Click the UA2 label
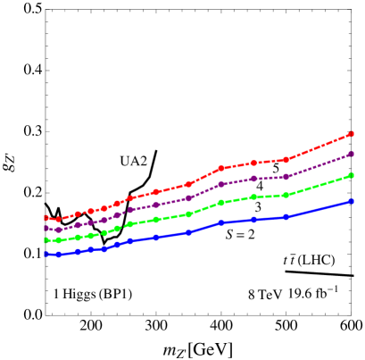pos(133,160)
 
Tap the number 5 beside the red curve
pos(276,167)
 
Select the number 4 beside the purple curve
pos(259,185)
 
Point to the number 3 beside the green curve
pos(258,206)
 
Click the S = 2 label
pos(240,234)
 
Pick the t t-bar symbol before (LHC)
pos(289,260)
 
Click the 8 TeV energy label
pos(265,294)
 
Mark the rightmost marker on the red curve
pos(352,134)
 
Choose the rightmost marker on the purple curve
pos(352,154)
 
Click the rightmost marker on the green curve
pos(352,175)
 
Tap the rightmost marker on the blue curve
pos(352,201)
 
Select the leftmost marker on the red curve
pos(46,217)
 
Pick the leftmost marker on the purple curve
pos(46,228)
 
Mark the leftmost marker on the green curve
pos(46,239)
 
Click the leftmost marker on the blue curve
pos(46,254)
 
